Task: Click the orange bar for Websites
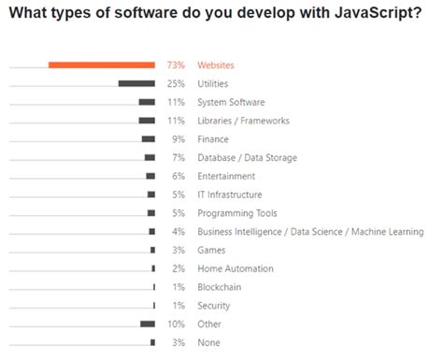click(101, 65)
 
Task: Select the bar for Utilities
click(136, 84)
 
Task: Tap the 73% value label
click(175, 65)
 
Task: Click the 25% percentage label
click(175, 84)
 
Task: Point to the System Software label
click(232, 103)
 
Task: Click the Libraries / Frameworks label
click(243, 121)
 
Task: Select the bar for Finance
click(149, 139)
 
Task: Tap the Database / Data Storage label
click(248, 158)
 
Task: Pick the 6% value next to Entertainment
click(177, 176)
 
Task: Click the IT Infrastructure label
click(230, 194)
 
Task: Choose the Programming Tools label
click(236, 213)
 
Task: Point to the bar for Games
click(152, 250)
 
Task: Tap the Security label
click(214, 306)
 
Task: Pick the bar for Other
click(148, 324)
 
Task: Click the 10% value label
click(175, 324)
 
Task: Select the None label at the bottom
click(209, 342)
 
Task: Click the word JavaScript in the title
click(356, 13)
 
